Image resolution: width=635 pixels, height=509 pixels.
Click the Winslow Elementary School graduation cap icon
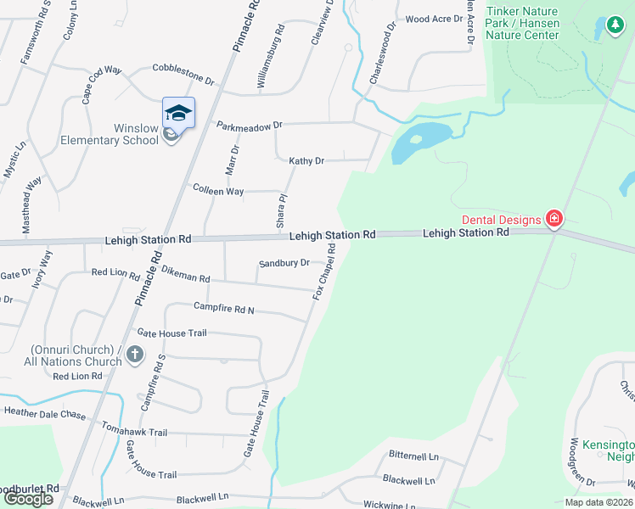coord(178,112)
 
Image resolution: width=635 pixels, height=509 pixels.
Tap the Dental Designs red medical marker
coord(554,220)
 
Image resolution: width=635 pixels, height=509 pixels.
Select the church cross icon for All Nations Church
coord(134,354)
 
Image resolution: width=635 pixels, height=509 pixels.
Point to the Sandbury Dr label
coord(284,263)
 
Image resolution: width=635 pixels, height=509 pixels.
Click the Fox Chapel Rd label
coord(324,271)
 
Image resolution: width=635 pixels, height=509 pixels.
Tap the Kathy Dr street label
coord(306,160)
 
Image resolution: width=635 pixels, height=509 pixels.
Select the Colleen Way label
coord(218,191)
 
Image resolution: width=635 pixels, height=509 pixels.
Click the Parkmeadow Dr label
coord(249,125)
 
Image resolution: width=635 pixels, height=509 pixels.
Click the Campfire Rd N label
coord(223,308)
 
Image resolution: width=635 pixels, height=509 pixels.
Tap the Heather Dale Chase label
coord(45,413)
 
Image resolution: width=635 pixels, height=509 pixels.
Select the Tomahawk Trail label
coord(133,431)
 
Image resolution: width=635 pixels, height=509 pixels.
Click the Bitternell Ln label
coord(413,456)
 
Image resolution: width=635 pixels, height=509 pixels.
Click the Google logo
coord(28,499)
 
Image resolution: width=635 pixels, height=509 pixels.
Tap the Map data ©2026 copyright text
coord(598,502)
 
